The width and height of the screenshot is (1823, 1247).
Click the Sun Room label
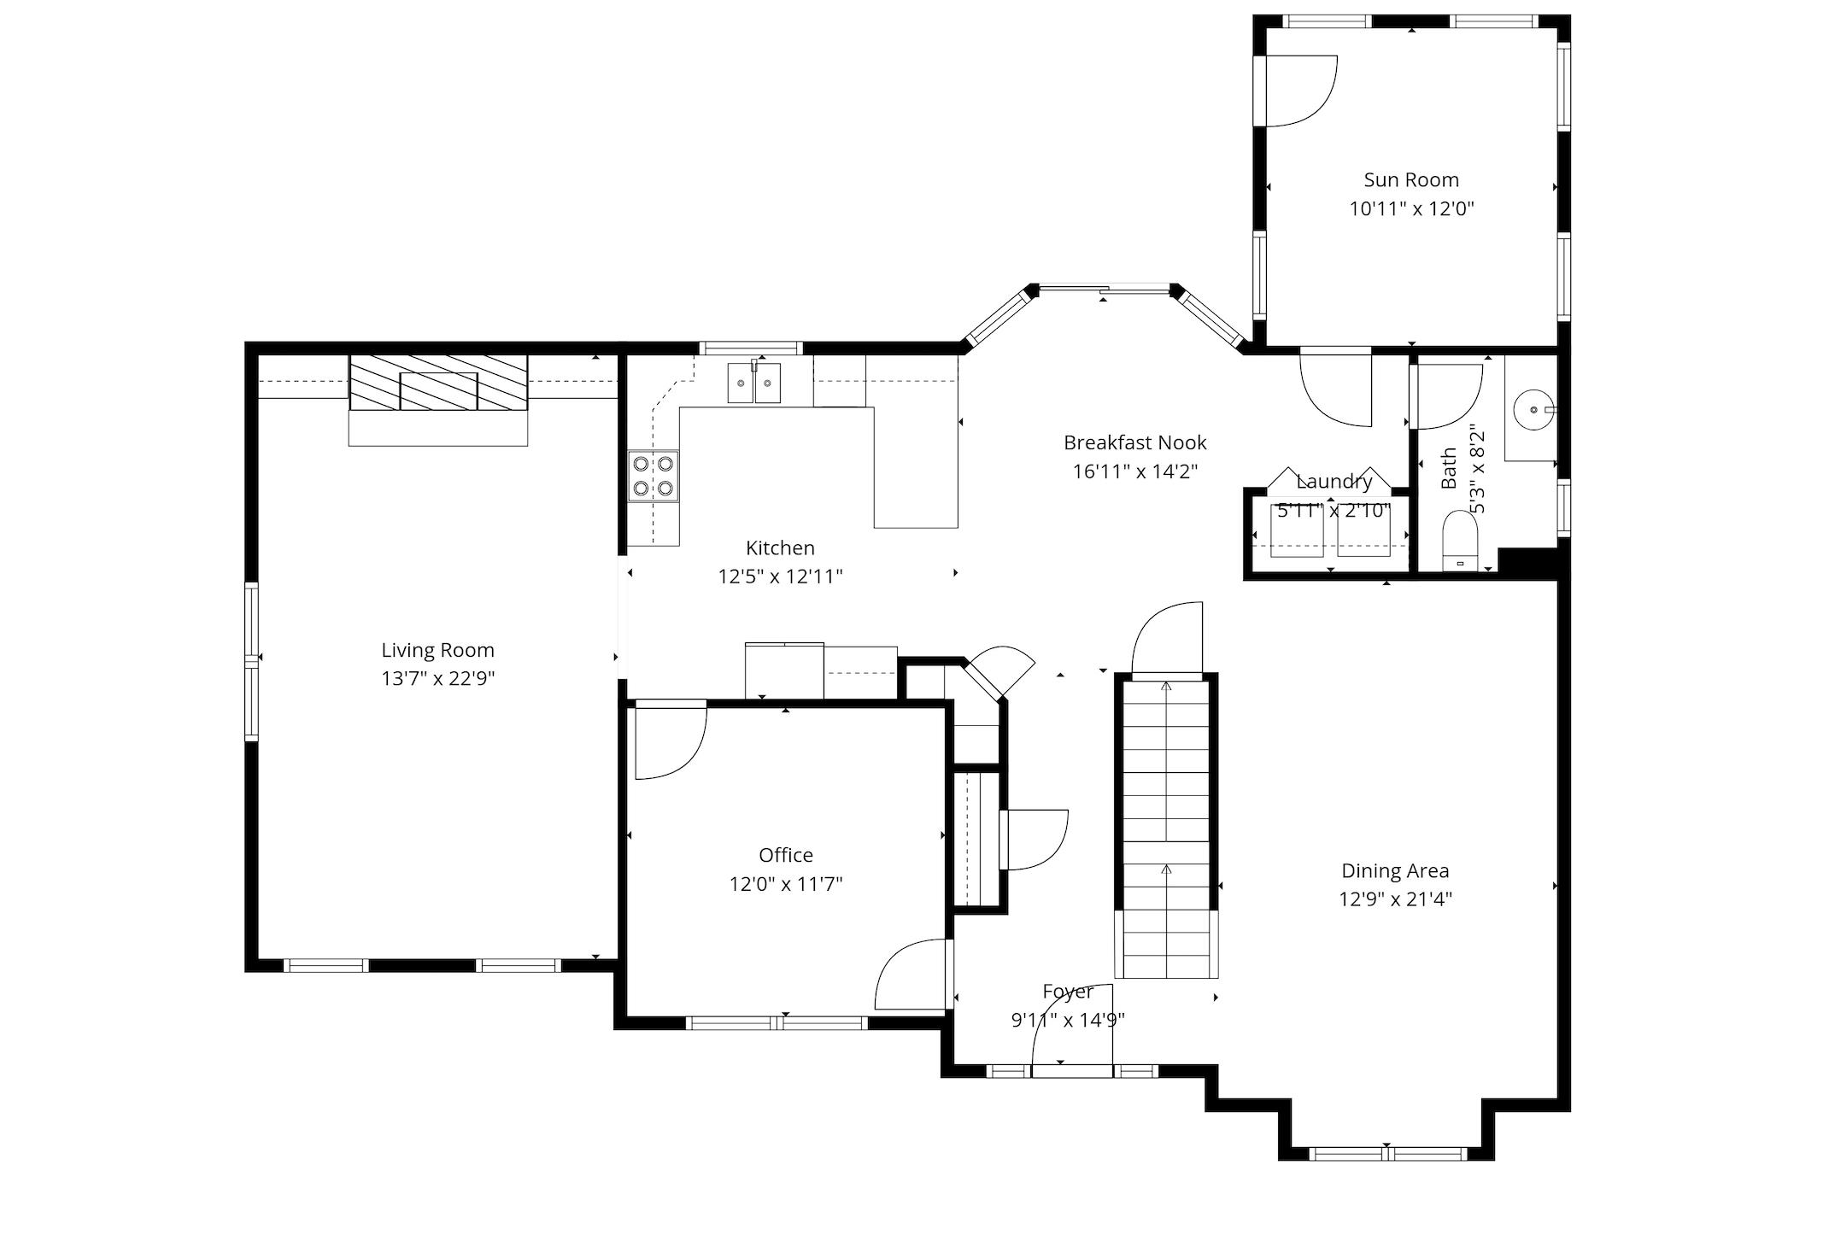click(1410, 180)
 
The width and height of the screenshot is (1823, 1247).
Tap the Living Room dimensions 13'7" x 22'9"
click(437, 679)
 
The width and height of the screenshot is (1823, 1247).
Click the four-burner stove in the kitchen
click(653, 477)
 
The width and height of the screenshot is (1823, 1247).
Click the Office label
click(785, 855)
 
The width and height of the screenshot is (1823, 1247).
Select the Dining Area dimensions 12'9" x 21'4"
click(1395, 899)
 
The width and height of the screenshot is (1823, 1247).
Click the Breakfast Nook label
click(1134, 442)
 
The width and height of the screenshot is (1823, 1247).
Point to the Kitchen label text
click(779, 548)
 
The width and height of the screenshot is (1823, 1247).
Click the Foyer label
click(1067, 992)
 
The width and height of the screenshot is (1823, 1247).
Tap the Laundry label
click(1334, 482)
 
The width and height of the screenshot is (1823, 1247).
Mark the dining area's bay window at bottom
click(1387, 1154)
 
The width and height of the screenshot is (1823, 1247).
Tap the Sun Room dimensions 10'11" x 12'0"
click(1411, 209)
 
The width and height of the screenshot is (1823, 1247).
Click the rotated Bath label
click(1449, 468)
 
